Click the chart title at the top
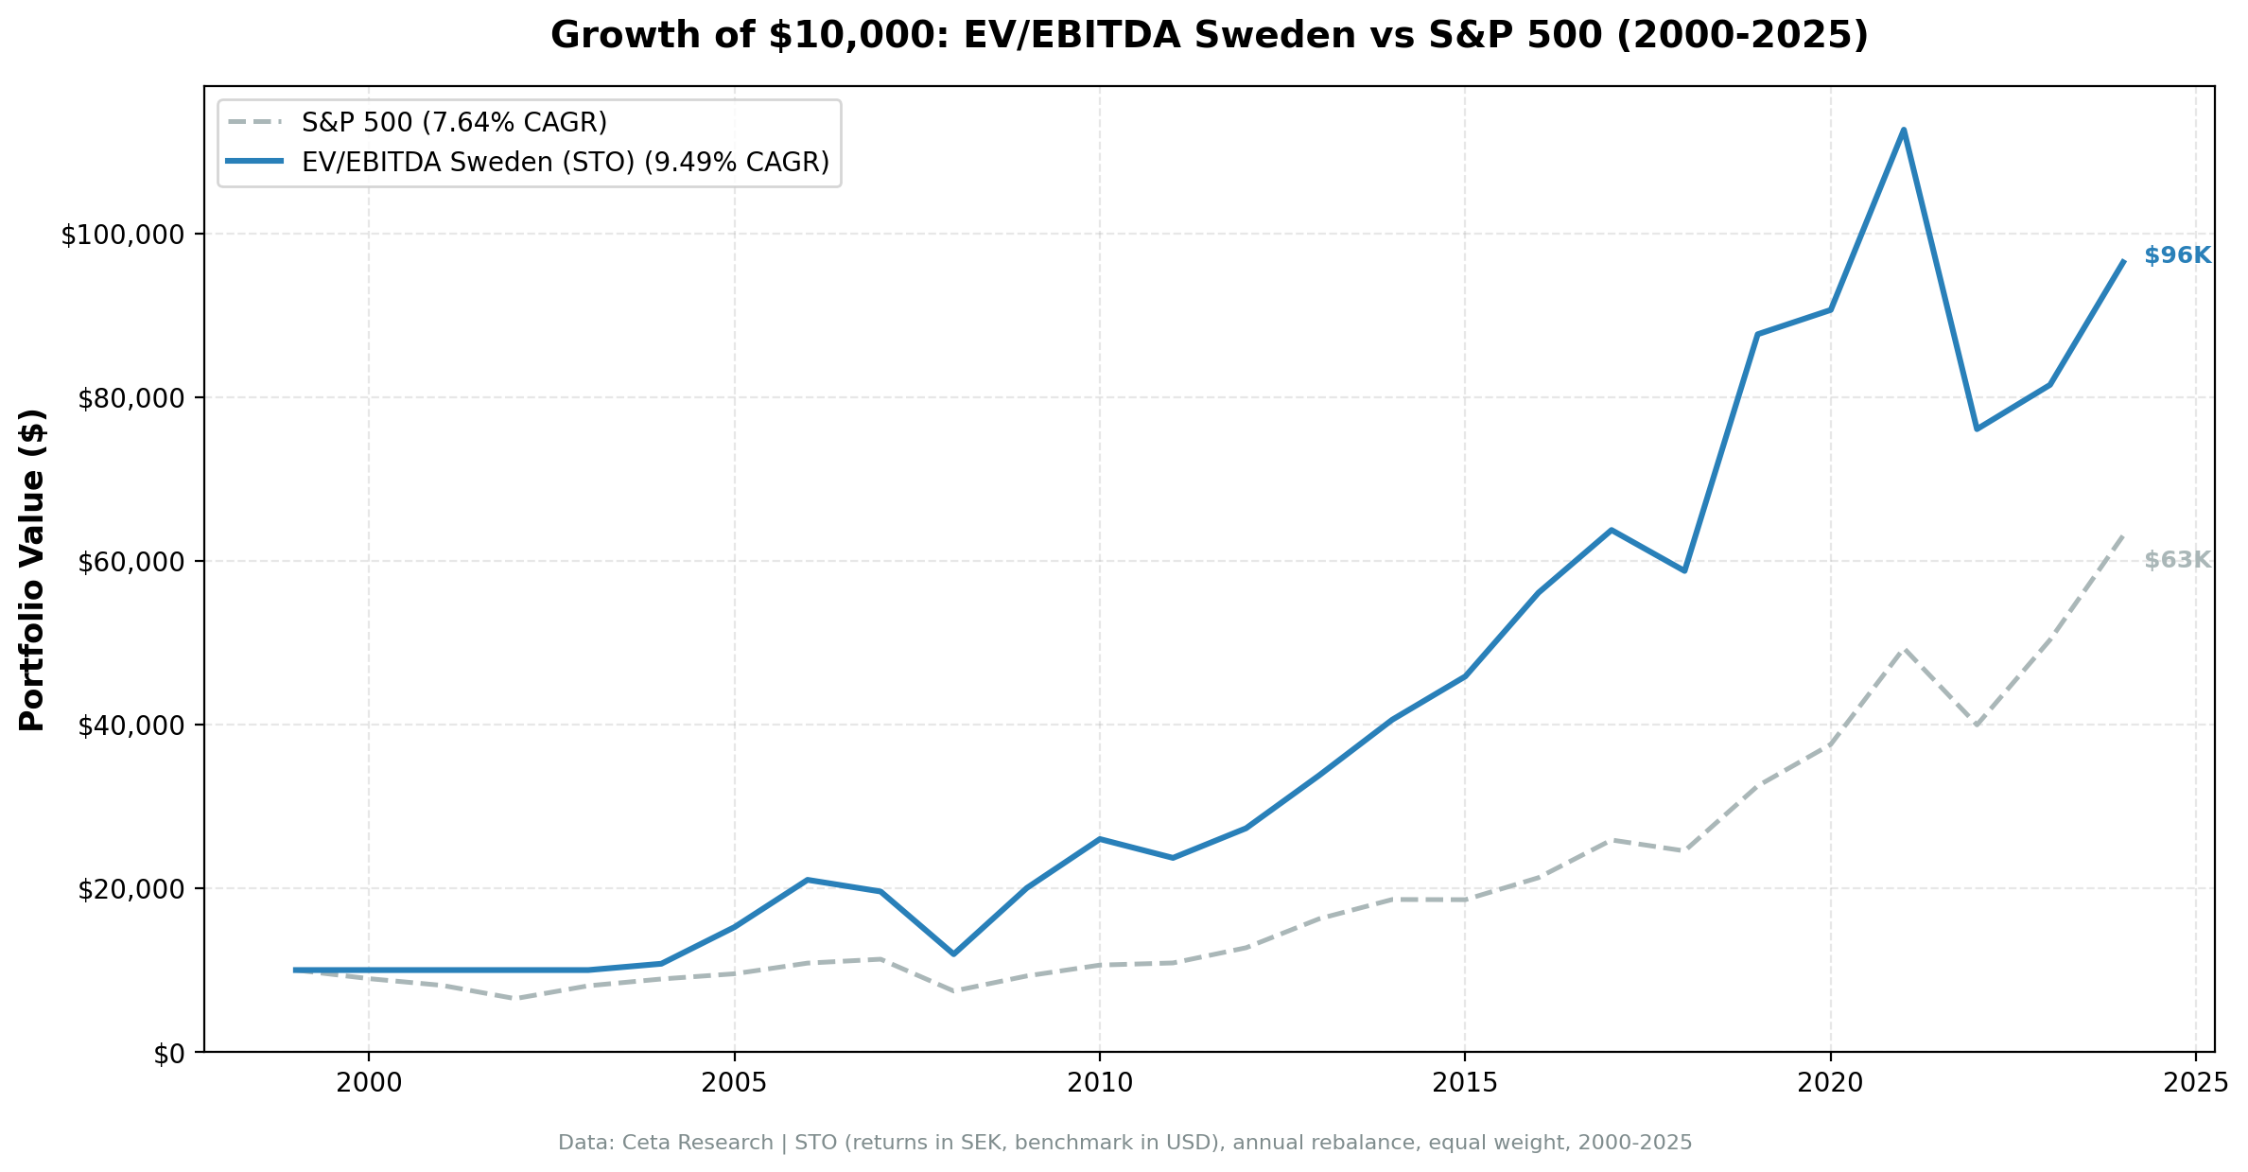pyautogui.click(x=1210, y=36)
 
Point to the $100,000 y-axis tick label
pyautogui.click(x=127, y=235)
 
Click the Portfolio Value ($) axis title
pyautogui.click(x=32, y=569)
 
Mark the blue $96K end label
pyautogui.click(x=2177, y=255)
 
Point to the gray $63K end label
pyautogui.click(x=2177, y=560)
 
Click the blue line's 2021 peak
pyautogui.click(x=1903, y=130)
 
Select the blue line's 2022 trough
pyautogui.click(x=1977, y=429)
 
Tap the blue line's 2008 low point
pyautogui.click(x=953, y=953)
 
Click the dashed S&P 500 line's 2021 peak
pyautogui.click(x=1903, y=649)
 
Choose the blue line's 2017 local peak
pyautogui.click(x=1611, y=530)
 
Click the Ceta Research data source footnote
pyautogui.click(x=1124, y=1143)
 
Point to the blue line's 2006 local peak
pyautogui.click(x=807, y=880)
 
